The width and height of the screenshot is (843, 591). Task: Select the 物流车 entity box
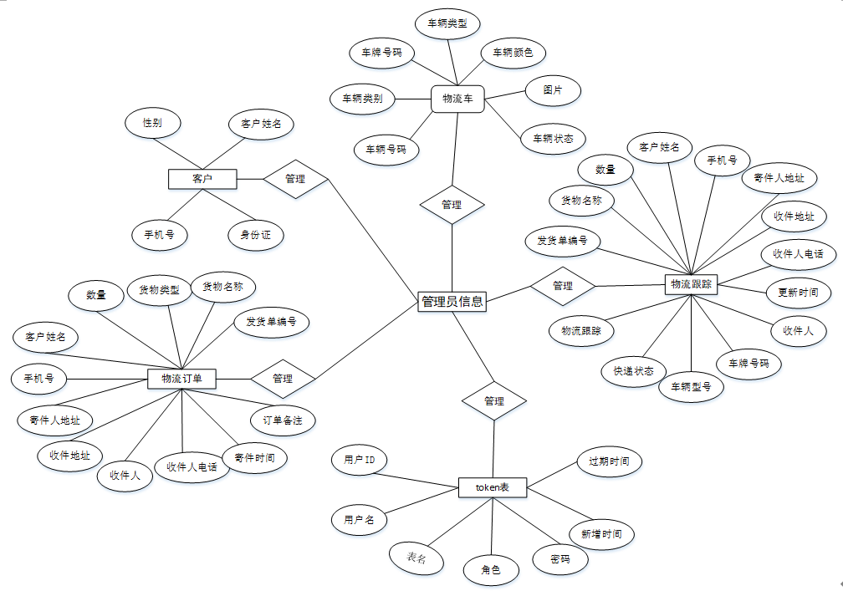(457, 99)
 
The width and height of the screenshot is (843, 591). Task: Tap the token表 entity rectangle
(493, 487)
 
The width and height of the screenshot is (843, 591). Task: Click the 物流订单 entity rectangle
(181, 379)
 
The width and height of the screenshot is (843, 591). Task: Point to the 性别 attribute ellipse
(152, 123)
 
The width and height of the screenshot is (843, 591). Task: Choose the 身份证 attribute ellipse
(255, 235)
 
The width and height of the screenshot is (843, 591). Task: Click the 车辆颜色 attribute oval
(513, 53)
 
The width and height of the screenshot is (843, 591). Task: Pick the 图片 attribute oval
(552, 90)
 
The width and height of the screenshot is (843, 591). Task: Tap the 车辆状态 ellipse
(553, 139)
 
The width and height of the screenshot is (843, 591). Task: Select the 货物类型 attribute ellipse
(159, 290)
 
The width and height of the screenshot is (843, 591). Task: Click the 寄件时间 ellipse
(255, 458)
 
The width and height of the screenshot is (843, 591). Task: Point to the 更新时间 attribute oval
(798, 293)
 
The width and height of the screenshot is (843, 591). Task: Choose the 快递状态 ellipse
(633, 370)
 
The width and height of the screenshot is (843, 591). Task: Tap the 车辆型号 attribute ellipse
(691, 386)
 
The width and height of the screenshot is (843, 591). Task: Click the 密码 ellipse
(559, 559)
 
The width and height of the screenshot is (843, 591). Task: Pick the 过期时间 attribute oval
(609, 461)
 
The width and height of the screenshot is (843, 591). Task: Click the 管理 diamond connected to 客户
(295, 179)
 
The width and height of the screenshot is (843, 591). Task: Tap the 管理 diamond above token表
(494, 401)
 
